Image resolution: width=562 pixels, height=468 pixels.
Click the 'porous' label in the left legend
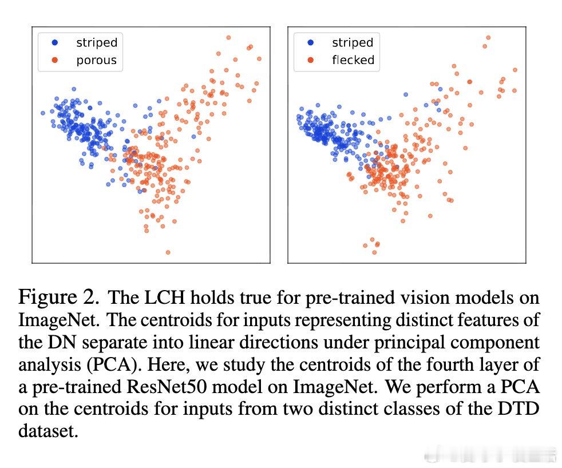(96, 60)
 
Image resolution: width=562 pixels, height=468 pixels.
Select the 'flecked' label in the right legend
(353, 60)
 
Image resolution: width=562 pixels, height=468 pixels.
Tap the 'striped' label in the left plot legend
(97, 42)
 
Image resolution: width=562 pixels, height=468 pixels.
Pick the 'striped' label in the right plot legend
(353, 42)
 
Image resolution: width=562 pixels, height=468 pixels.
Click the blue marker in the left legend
(55, 43)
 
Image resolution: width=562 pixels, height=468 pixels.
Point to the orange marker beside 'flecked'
(311, 60)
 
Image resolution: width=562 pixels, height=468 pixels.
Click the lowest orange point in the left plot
(168, 252)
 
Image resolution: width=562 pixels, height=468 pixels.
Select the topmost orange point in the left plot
(228, 37)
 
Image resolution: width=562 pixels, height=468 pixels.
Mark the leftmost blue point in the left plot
(43, 113)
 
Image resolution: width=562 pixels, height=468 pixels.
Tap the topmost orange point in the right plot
(488, 38)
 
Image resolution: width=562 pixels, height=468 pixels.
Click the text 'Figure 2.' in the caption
(59, 297)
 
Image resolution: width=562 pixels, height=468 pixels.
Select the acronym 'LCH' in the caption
(164, 298)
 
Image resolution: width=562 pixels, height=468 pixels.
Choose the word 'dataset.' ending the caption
(49, 431)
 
